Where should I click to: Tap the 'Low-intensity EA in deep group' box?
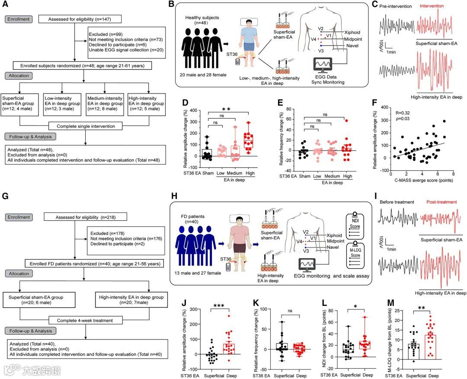pos(62,103)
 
